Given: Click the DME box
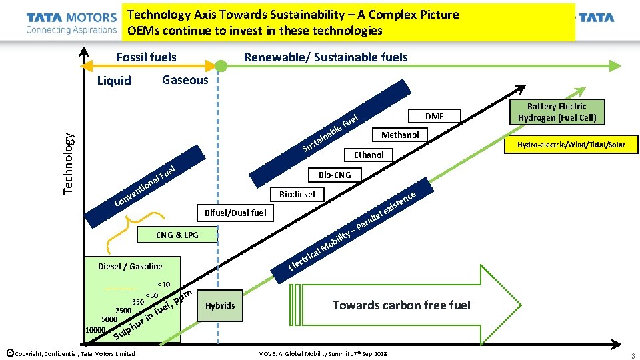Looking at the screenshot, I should point(434,116).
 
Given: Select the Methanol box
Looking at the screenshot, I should point(400,135).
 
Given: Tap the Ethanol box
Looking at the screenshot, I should point(369,155).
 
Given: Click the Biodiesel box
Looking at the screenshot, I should point(297,194).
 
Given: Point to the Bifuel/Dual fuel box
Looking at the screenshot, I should point(235,213).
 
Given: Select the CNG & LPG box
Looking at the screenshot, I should point(177,235).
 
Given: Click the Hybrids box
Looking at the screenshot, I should point(220,305).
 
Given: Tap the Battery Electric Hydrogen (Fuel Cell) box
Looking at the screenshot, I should point(557,112).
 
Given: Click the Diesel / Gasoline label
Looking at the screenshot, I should point(130,266).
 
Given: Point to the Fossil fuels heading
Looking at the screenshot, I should point(147,57).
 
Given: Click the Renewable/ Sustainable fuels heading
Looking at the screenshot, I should point(326,57).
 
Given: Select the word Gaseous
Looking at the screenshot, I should point(185,80).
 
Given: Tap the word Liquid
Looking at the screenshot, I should point(114,81).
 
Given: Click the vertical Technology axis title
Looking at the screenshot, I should point(69,162).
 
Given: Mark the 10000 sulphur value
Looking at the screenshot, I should point(96,330).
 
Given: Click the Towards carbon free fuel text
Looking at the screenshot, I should point(401,305).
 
